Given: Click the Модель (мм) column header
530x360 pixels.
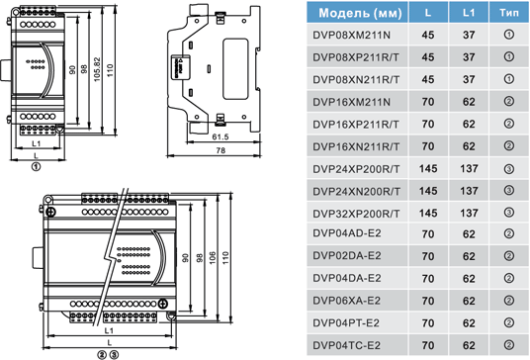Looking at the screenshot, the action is pyautogui.click(x=360, y=13).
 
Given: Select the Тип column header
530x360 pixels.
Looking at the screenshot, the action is pyautogui.click(x=509, y=13).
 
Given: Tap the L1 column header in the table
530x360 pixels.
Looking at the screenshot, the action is pyautogui.click(x=469, y=13).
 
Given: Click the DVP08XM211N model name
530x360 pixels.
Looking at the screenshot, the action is pyautogui.click(x=352, y=35).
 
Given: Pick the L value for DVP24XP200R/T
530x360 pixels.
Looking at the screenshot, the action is pyautogui.click(x=428, y=169).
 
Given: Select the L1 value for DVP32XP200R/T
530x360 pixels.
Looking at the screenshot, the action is pyautogui.click(x=469, y=214).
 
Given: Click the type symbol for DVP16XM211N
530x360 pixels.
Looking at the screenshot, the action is pyautogui.click(x=508, y=102).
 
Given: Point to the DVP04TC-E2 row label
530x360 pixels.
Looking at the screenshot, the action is pyautogui.click(x=346, y=345).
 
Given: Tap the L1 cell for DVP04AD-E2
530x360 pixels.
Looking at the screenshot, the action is pyautogui.click(x=469, y=234).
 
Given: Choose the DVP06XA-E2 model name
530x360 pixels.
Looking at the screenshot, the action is pyautogui.click(x=346, y=301).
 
